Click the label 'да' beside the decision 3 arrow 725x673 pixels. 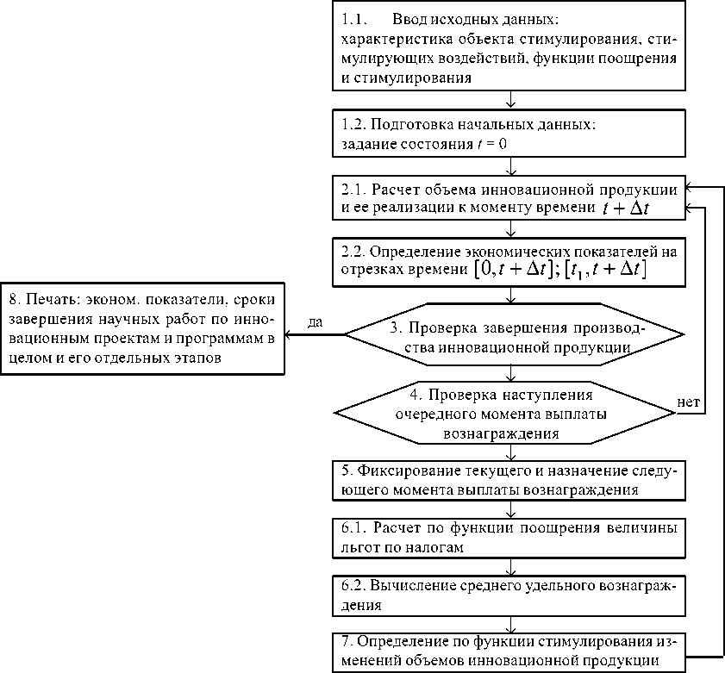tap(315, 321)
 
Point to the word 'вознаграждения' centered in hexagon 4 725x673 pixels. tap(509, 434)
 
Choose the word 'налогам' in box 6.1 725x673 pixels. tap(441, 545)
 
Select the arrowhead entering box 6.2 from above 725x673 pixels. tap(512, 573)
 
